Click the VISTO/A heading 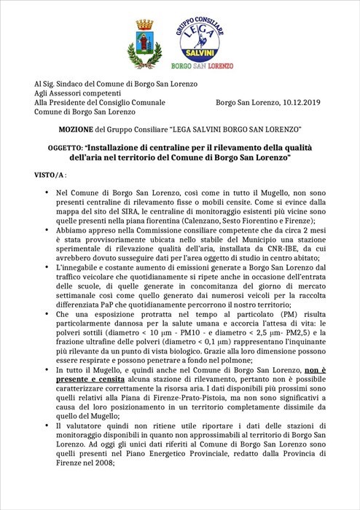point(50,176)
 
